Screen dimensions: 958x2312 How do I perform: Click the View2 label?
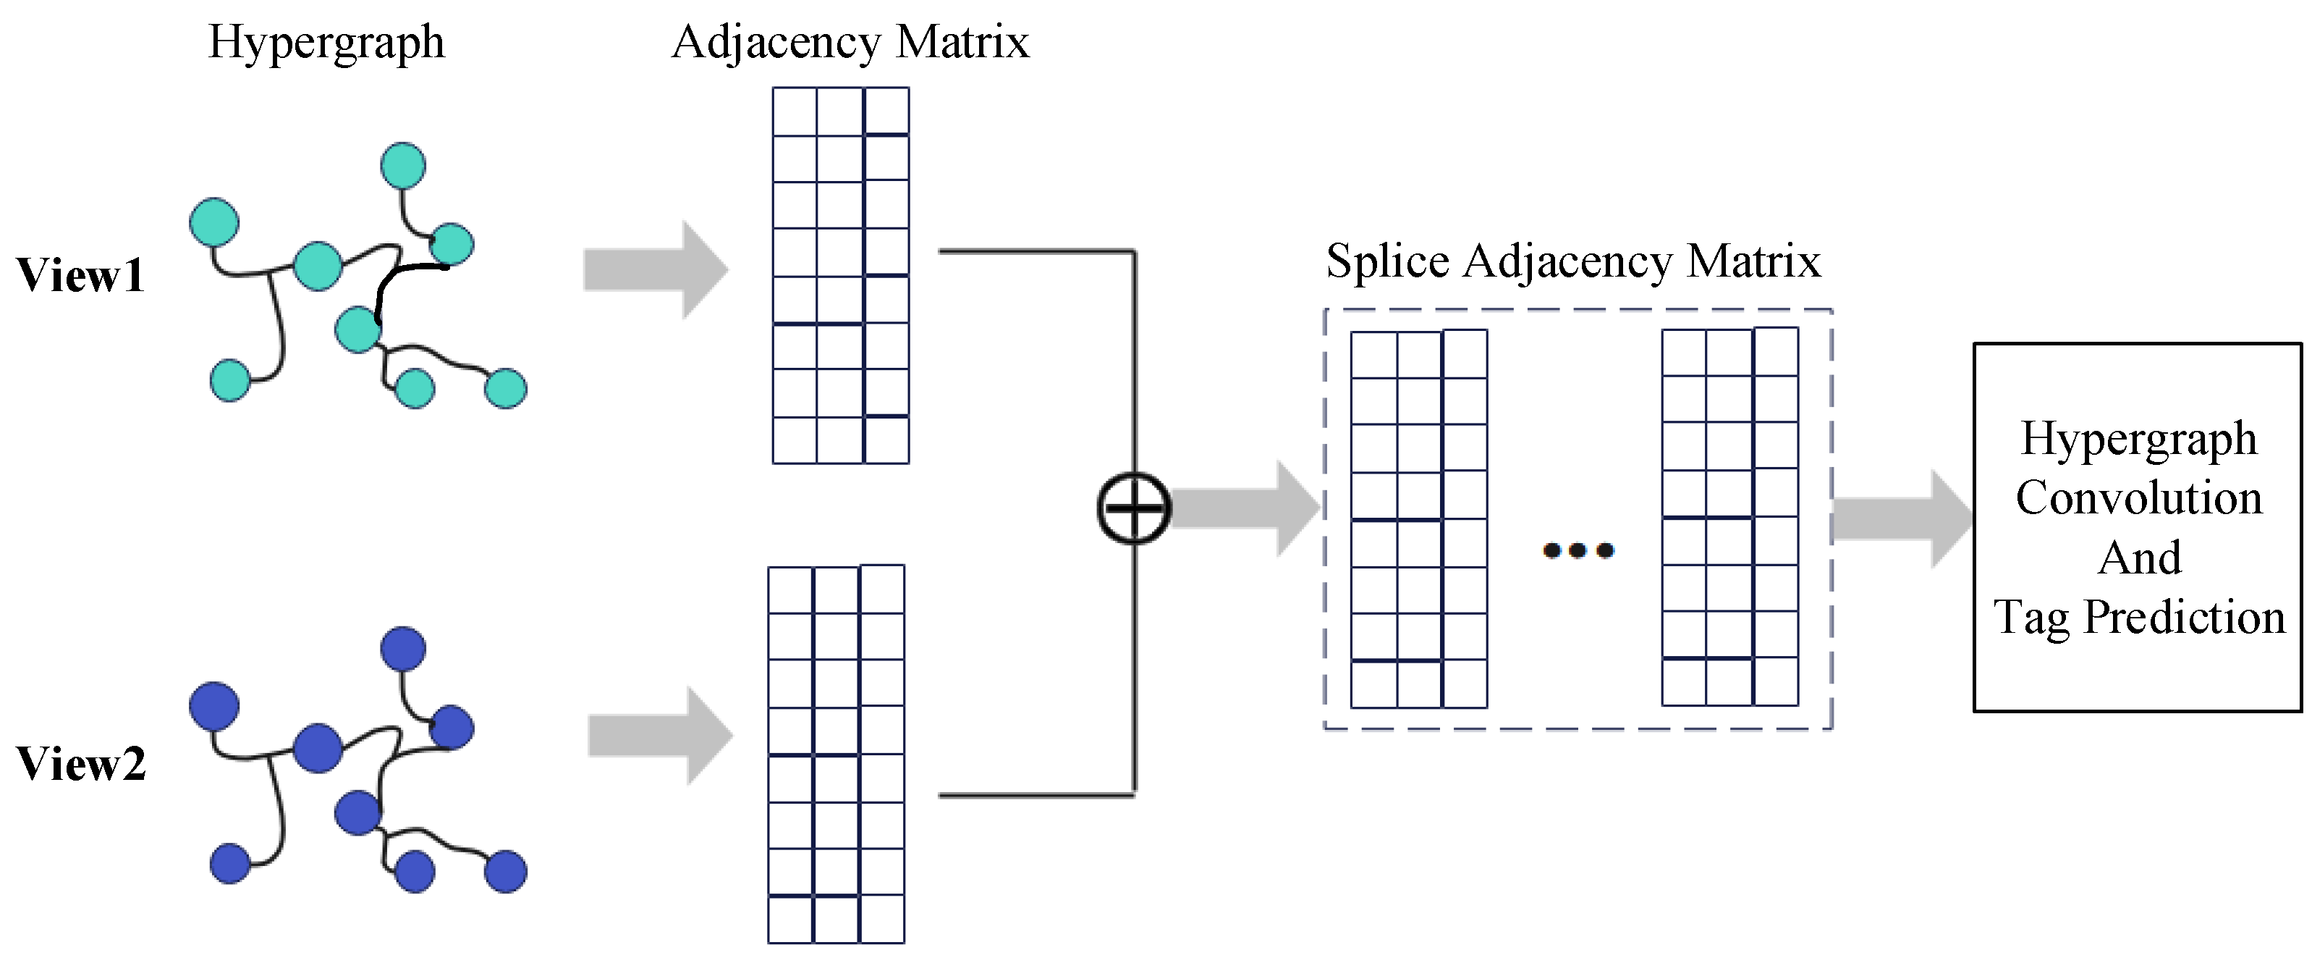(x=81, y=764)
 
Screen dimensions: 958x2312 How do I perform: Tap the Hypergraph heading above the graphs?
(x=326, y=42)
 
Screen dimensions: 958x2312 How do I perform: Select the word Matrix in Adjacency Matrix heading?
(x=962, y=42)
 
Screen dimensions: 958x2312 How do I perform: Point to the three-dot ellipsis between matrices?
(x=1578, y=550)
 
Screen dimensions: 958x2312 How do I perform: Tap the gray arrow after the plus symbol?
(x=1243, y=508)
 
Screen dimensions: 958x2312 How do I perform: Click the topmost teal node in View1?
(x=403, y=166)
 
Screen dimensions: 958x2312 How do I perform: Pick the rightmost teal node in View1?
(x=505, y=389)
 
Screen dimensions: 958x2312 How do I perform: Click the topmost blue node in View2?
(x=403, y=648)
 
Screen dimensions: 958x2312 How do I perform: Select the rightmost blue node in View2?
(x=505, y=871)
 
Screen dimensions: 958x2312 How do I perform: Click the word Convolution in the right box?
(x=2139, y=498)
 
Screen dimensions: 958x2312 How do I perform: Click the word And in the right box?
(x=2139, y=558)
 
